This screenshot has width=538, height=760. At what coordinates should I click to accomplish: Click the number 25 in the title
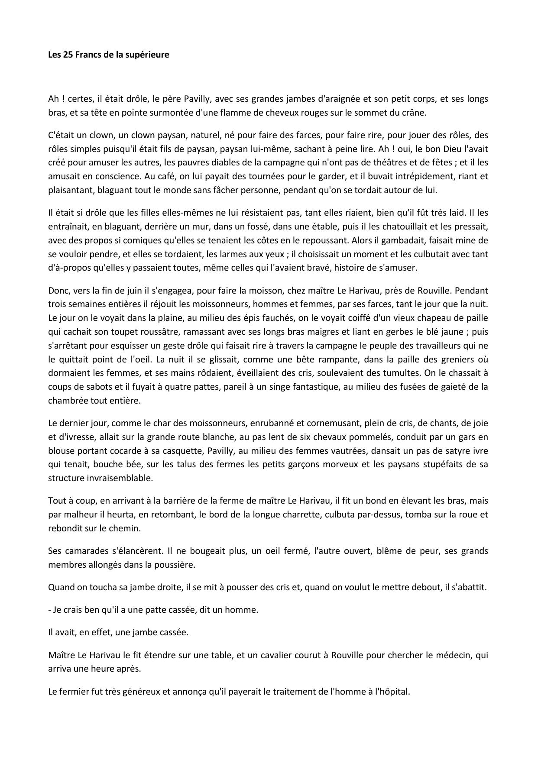pyautogui.click(x=68, y=55)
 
